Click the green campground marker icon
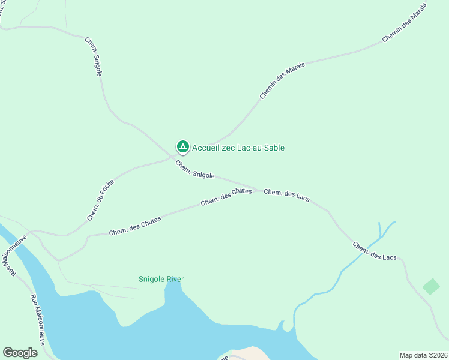pos(182,147)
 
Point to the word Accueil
pos(206,148)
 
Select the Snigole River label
pos(161,279)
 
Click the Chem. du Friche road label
pos(100,200)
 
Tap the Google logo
pos(20,353)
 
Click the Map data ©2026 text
pos(423,355)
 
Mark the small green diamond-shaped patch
pos(431,286)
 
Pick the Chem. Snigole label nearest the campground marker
pos(195,169)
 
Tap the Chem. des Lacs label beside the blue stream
pos(375,251)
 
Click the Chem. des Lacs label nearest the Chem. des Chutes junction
pos(286,195)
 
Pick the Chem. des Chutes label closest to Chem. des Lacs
pos(226,197)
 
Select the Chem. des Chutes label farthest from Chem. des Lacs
pos(135,226)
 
